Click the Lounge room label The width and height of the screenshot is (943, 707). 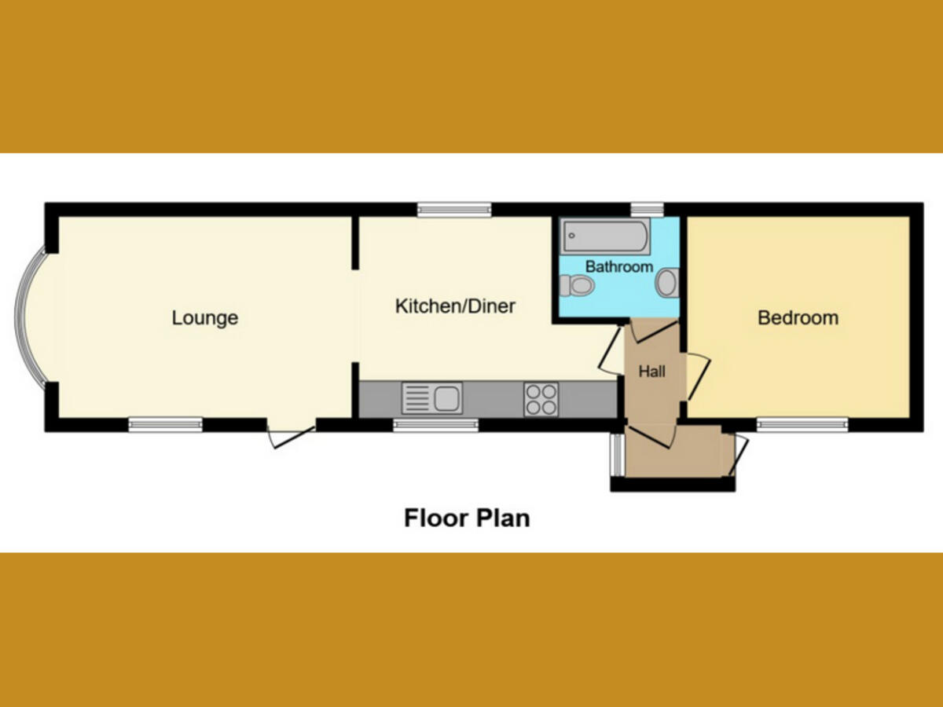[x=204, y=318]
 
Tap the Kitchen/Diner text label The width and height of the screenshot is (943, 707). [x=455, y=306]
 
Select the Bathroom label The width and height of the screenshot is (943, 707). [x=619, y=266]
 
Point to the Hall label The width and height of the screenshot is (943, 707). [x=651, y=372]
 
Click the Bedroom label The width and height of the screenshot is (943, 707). [x=798, y=318]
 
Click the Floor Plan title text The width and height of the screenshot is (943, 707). [x=467, y=518]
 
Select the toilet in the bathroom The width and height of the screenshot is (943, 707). [x=579, y=284]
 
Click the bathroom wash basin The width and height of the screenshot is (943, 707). [x=667, y=283]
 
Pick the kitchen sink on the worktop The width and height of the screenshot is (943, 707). [x=431, y=397]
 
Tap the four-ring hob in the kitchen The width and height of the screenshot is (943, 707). [x=541, y=398]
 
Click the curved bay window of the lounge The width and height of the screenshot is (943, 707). [x=31, y=317]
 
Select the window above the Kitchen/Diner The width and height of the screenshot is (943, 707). [x=454, y=209]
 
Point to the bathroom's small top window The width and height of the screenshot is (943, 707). [x=647, y=209]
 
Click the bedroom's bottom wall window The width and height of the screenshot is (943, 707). [x=802, y=425]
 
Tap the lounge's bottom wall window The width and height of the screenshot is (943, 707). [x=166, y=425]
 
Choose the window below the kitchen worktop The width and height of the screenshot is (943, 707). [x=435, y=425]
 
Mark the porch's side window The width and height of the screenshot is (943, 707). [x=618, y=454]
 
